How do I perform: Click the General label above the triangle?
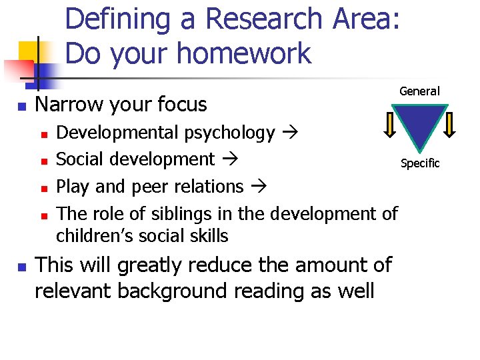[x=419, y=91]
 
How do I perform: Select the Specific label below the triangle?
[x=420, y=163]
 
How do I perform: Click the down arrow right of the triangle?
[x=449, y=124]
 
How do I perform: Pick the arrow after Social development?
[x=229, y=160]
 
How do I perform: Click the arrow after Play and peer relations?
[x=257, y=187]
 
